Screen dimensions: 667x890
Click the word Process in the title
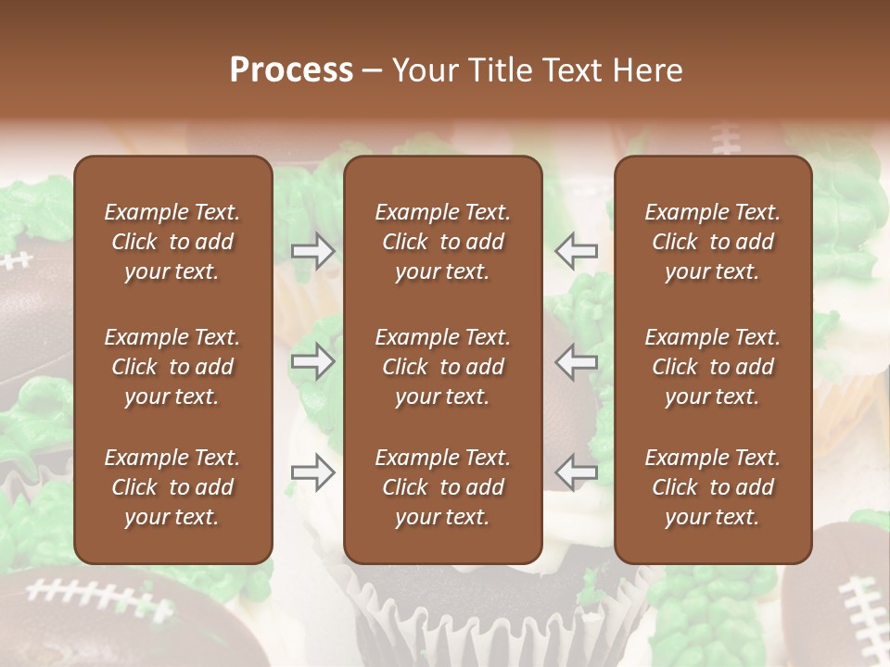pyautogui.click(x=291, y=70)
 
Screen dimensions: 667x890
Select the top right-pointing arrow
pyautogui.click(x=313, y=250)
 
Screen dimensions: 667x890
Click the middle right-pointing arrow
pyautogui.click(x=313, y=361)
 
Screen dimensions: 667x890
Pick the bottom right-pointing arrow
pyautogui.click(x=313, y=472)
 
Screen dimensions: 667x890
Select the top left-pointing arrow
pyautogui.click(x=577, y=250)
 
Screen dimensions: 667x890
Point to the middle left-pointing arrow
pyautogui.click(x=577, y=361)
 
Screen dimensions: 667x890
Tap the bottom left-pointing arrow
pyautogui.click(x=577, y=472)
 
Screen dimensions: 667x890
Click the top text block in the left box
pyautogui.click(x=172, y=242)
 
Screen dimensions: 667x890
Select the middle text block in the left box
pyautogui.click(x=172, y=367)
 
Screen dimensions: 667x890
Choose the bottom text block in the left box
pyautogui.click(x=172, y=487)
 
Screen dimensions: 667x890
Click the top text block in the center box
pyautogui.click(x=442, y=242)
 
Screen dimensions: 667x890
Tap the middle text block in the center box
pyautogui.click(x=442, y=367)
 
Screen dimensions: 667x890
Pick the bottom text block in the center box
pyautogui.click(x=442, y=487)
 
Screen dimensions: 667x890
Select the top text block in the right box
pyautogui.click(x=712, y=242)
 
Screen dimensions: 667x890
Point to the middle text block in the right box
pyautogui.click(x=712, y=367)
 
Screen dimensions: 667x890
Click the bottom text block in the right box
pyautogui.click(x=712, y=487)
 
